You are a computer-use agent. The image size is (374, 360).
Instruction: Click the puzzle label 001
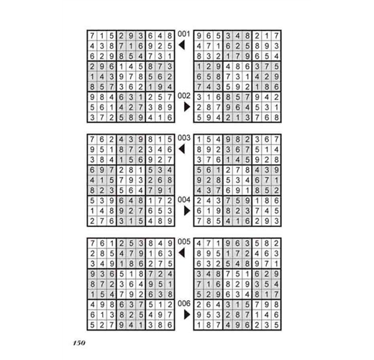point(184,34)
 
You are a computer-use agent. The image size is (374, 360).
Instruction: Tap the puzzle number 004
point(184,199)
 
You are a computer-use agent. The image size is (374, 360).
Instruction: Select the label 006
point(184,303)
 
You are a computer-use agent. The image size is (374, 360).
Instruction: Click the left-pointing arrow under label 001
point(182,45)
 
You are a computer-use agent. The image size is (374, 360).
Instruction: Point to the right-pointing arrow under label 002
point(187,107)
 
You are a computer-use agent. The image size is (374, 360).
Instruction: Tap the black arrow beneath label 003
point(182,149)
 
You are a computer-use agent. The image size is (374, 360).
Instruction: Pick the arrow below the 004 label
point(187,211)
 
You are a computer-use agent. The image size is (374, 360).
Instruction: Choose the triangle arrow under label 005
point(182,253)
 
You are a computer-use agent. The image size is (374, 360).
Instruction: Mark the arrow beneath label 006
point(187,315)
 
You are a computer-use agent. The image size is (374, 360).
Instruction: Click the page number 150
point(79,343)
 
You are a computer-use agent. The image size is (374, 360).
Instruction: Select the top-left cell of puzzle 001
point(92,36)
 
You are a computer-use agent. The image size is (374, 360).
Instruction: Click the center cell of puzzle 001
point(131,76)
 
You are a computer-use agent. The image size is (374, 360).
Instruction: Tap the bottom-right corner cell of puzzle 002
point(276,117)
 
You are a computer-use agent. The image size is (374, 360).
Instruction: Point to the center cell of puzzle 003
point(131,180)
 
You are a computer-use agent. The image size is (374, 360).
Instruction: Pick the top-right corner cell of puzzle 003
point(170,140)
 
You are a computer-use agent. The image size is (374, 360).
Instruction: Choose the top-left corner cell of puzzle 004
point(199,140)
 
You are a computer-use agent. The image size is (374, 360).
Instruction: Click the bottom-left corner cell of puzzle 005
point(92,325)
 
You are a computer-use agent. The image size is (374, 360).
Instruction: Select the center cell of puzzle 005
point(131,284)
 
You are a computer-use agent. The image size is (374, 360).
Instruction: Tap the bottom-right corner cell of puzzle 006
point(276,325)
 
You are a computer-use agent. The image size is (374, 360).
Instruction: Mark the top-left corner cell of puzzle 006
point(199,243)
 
